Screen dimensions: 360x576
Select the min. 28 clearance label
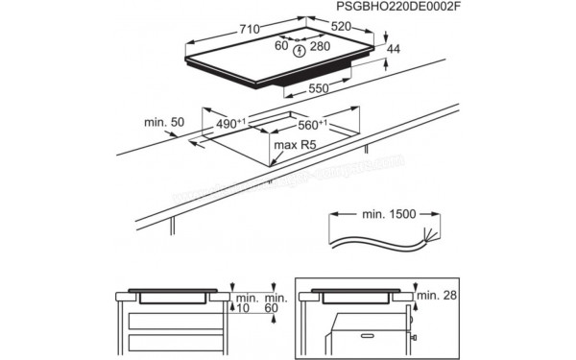click(x=438, y=294)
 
